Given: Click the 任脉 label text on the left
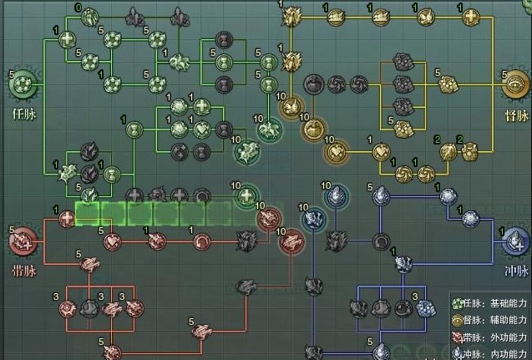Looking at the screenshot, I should tap(23, 112).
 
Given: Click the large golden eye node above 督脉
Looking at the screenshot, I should tap(514, 84).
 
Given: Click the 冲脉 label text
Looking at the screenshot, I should tap(514, 272).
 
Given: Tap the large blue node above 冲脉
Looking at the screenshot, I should tap(514, 241).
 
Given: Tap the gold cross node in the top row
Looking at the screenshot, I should tap(471, 16).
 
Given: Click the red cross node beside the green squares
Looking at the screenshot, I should tap(66, 219).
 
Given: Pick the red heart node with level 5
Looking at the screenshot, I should tap(113, 241).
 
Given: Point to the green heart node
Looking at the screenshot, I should tap(202, 129).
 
